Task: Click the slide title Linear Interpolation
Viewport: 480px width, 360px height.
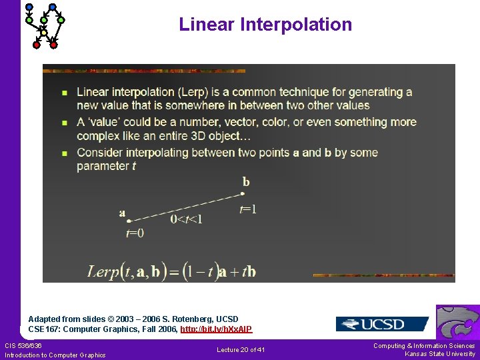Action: (x=265, y=25)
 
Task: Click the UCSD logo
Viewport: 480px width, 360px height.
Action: (x=382, y=324)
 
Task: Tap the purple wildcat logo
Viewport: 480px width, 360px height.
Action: (x=458, y=323)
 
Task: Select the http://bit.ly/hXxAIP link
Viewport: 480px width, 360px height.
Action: (x=216, y=329)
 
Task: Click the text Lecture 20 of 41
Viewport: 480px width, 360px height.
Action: (x=241, y=349)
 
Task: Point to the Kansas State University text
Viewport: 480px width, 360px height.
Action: (x=440, y=354)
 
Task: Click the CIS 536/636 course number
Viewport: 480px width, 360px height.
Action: (x=23, y=345)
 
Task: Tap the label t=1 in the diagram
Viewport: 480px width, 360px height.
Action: (x=248, y=209)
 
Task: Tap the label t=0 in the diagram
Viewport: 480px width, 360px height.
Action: (x=135, y=233)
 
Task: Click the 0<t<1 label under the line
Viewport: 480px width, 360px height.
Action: (x=186, y=219)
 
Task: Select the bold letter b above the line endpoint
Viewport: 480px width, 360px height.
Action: (x=246, y=181)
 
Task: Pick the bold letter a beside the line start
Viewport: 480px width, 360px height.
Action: (x=122, y=213)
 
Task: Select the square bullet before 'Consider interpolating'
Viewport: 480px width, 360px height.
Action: (x=64, y=153)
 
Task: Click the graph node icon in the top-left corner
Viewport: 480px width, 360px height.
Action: (x=43, y=25)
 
